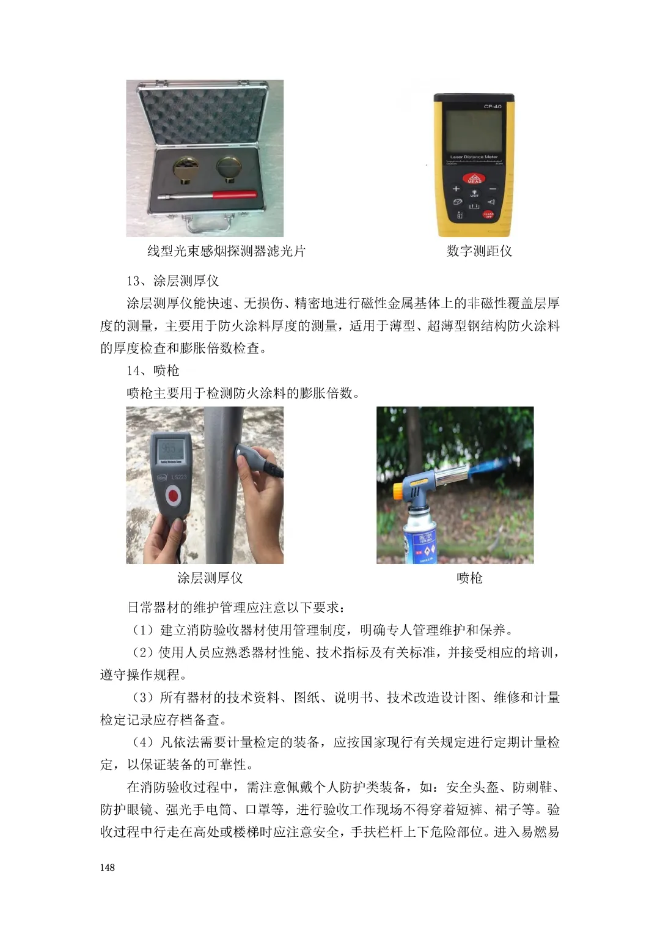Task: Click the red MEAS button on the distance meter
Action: point(474,178)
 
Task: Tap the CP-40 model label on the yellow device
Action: point(493,106)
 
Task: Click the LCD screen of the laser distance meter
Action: point(474,132)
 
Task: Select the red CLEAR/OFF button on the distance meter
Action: point(488,215)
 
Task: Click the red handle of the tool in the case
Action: point(235,195)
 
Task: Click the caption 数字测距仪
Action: point(479,251)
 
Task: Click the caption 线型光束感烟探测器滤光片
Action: point(226,251)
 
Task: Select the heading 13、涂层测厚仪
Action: point(172,281)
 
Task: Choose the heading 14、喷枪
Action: point(153,370)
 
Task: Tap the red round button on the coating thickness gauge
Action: point(172,496)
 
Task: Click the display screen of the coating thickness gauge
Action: point(171,452)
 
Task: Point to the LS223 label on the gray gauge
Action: point(179,477)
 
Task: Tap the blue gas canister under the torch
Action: point(420,540)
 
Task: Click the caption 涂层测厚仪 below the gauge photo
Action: point(210,578)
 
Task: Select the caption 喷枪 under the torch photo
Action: point(469,578)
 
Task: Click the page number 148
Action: point(107,867)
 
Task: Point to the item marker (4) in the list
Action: point(142,742)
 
